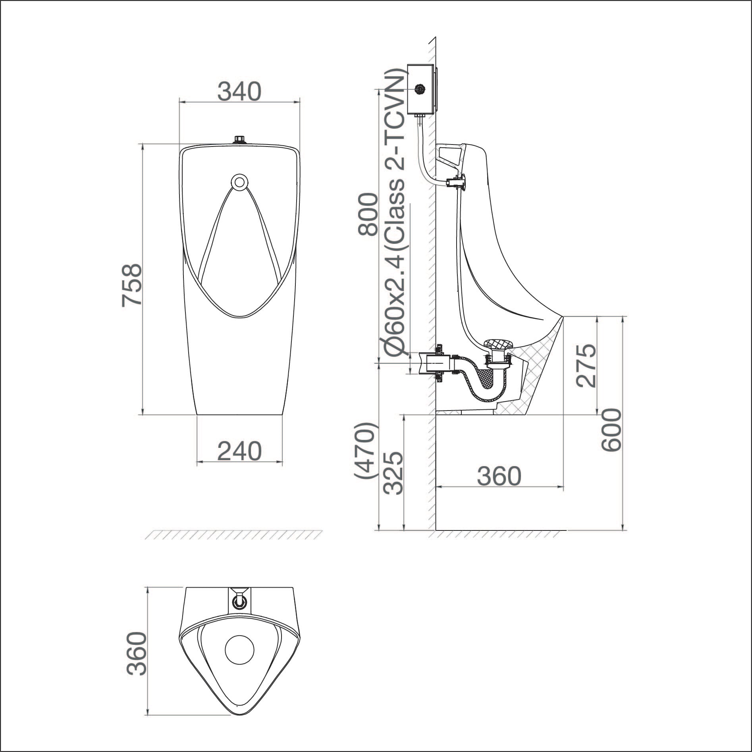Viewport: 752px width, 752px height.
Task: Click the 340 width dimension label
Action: [x=239, y=91]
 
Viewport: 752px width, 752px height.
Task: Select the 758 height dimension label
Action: [x=132, y=285]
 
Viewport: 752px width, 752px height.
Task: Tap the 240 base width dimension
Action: [x=240, y=451]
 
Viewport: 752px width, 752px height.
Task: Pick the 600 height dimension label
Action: [x=610, y=430]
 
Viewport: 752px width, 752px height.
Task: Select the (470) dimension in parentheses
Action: [x=365, y=451]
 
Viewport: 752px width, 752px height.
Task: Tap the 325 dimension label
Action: [x=393, y=472]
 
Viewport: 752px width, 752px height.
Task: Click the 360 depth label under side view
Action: [x=499, y=476]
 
